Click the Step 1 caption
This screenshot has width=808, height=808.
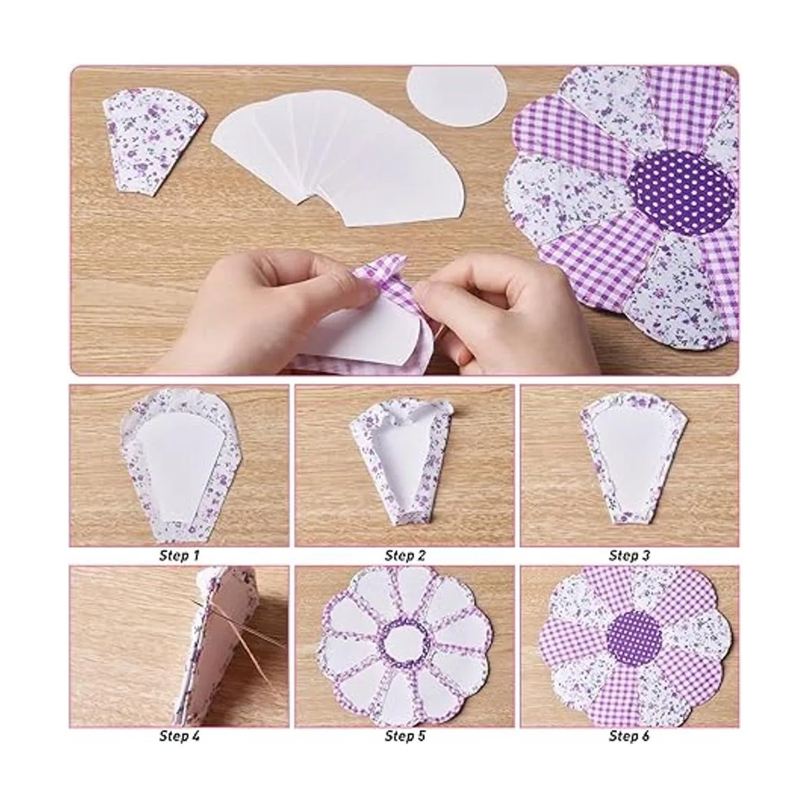pyautogui.click(x=179, y=556)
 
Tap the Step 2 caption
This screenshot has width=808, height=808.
pyautogui.click(x=405, y=556)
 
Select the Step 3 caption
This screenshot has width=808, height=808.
pyautogui.click(x=629, y=556)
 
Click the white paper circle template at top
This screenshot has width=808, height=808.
pyautogui.click(x=457, y=97)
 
